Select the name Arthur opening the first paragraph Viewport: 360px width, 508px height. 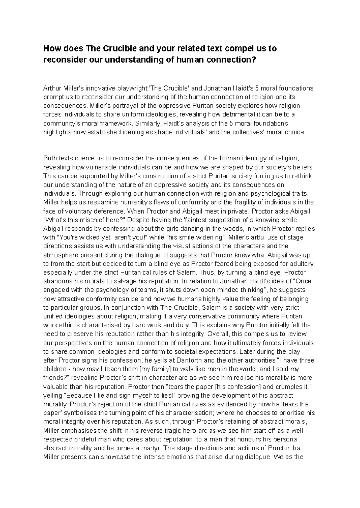[51, 88]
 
